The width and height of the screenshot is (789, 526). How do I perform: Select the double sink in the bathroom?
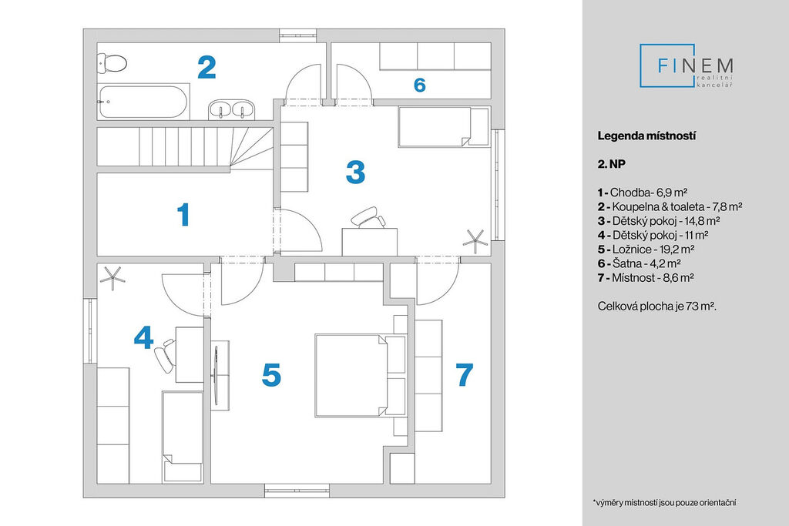point(232,109)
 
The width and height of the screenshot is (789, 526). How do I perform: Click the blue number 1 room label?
point(183,215)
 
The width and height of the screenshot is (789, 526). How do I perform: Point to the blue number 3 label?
point(354,172)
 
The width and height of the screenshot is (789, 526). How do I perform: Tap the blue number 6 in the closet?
point(419,85)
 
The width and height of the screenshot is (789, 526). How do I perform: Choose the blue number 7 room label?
point(464,375)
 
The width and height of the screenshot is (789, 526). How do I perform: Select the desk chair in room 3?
point(368,218)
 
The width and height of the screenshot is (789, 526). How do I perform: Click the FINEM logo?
point(687,65)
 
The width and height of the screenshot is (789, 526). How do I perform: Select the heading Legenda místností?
point(646,136)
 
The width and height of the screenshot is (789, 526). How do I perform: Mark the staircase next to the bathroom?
point(185,146)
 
